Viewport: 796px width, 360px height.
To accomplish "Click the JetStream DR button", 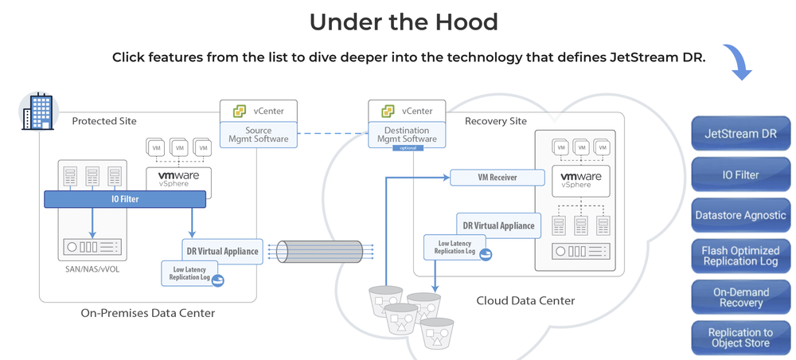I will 740,133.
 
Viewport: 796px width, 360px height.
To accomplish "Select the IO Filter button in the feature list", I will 740,174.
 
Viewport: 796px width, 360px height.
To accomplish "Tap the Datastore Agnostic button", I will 740,215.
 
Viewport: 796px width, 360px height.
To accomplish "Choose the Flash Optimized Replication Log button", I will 740,256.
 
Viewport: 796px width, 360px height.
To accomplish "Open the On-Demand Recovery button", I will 740,297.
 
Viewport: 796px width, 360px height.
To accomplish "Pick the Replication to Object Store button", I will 740,338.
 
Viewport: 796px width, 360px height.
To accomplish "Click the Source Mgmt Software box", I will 258,135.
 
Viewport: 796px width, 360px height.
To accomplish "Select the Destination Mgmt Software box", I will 406,135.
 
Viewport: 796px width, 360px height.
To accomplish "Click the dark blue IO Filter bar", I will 124,198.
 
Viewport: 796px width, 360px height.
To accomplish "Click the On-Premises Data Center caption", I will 147,313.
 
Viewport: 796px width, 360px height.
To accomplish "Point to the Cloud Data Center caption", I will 525,300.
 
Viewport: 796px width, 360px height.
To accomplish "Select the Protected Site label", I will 104,121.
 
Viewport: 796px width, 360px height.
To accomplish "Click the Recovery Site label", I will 496,121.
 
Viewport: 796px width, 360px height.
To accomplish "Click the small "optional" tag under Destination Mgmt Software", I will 406,148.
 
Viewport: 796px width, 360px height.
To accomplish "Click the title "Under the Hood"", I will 404,22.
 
